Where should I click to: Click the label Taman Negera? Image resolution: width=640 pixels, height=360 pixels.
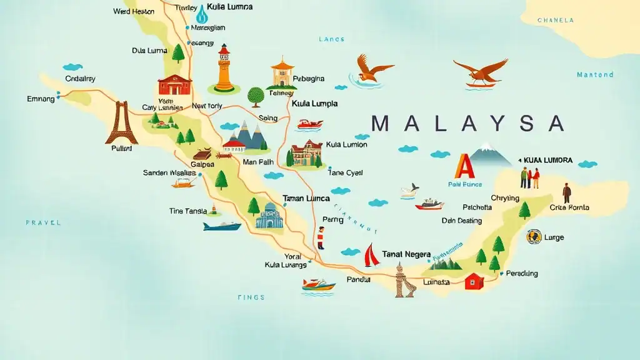(x=406, y=254)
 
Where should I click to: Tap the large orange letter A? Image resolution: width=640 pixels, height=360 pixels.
(x=464, y=167)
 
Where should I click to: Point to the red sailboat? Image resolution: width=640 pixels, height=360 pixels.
(x=371, y=255)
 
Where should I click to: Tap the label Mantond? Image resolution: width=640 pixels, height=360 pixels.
(x=595, y=75)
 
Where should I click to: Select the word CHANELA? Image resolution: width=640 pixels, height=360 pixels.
(x=556, y=21)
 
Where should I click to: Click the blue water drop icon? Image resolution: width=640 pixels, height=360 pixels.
(x=202, y=14)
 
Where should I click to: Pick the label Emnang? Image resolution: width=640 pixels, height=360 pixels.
(x=41, y=99)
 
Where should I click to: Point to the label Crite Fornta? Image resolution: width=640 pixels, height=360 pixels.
(x=569, y=207)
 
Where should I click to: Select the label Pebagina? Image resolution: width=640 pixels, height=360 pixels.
(x=309, y=79)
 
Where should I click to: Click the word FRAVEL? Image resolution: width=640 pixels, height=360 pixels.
(x=43, y=222)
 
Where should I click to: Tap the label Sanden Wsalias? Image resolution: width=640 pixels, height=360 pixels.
(x=169, y=172)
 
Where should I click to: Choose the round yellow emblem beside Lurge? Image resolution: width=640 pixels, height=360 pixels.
(x=533, y=237)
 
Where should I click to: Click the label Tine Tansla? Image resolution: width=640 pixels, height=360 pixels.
(x=187, y=211)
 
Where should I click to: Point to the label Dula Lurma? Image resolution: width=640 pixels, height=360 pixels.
(x=149, y=51)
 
